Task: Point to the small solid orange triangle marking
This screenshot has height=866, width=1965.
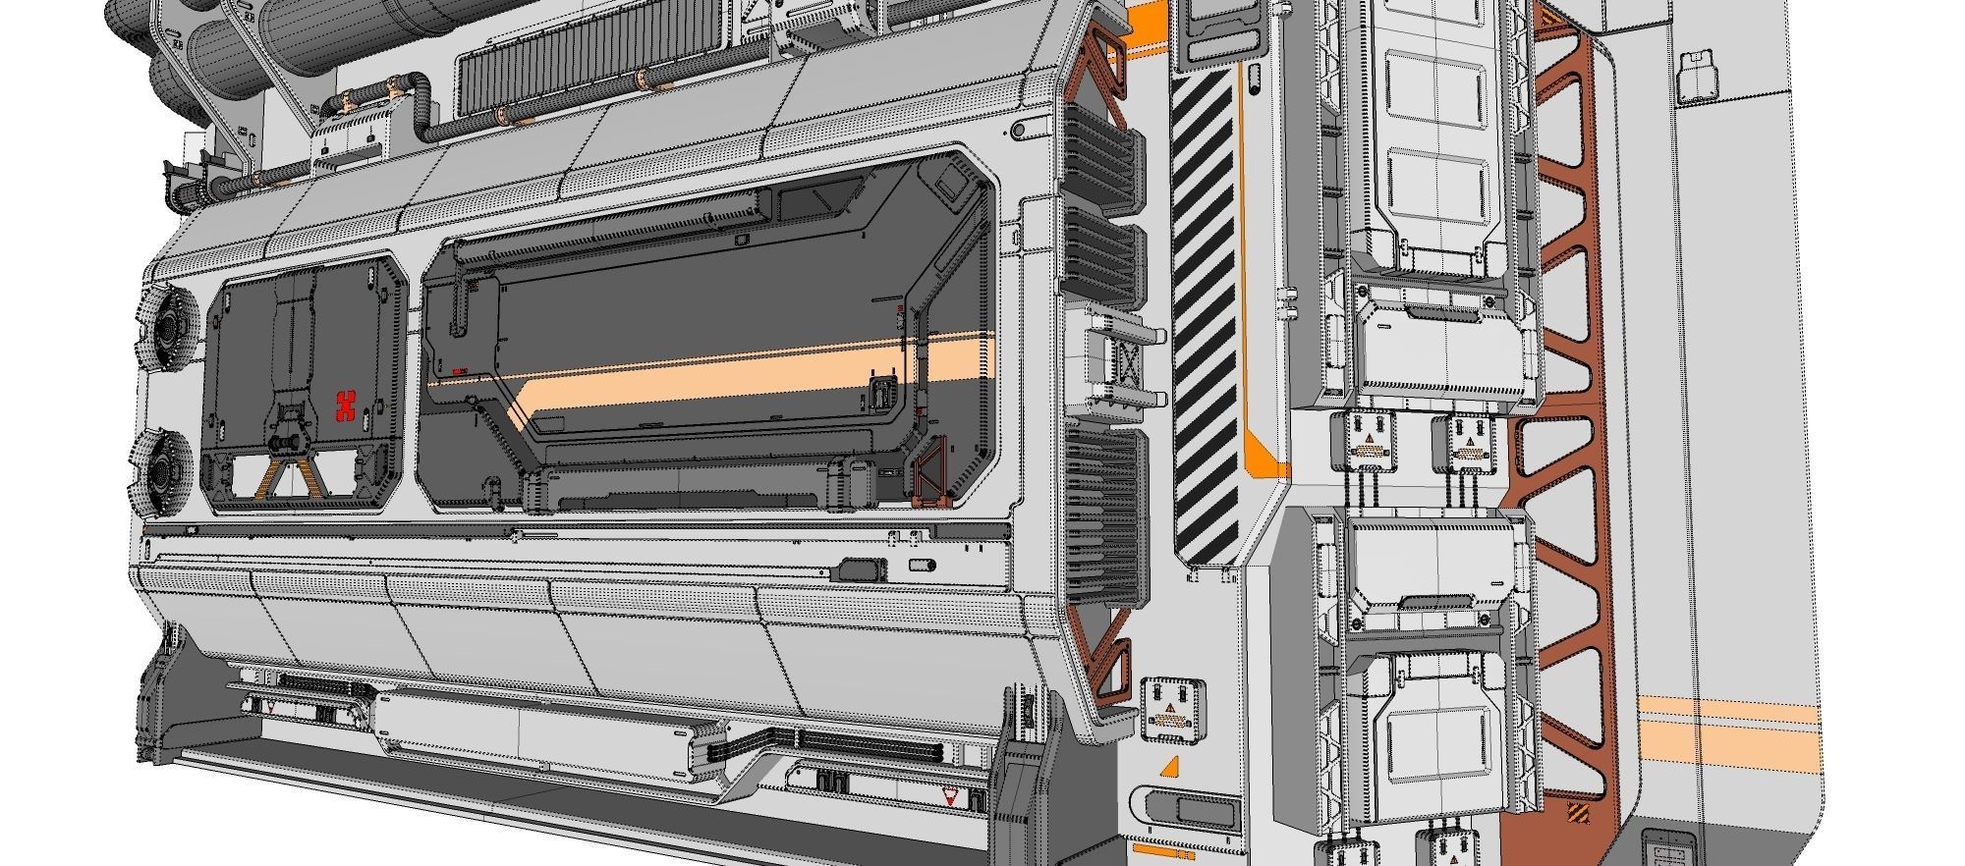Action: coord(1169,768)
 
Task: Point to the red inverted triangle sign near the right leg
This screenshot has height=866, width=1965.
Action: coord(950,799)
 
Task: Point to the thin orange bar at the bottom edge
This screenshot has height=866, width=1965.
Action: coord(1165,849)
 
